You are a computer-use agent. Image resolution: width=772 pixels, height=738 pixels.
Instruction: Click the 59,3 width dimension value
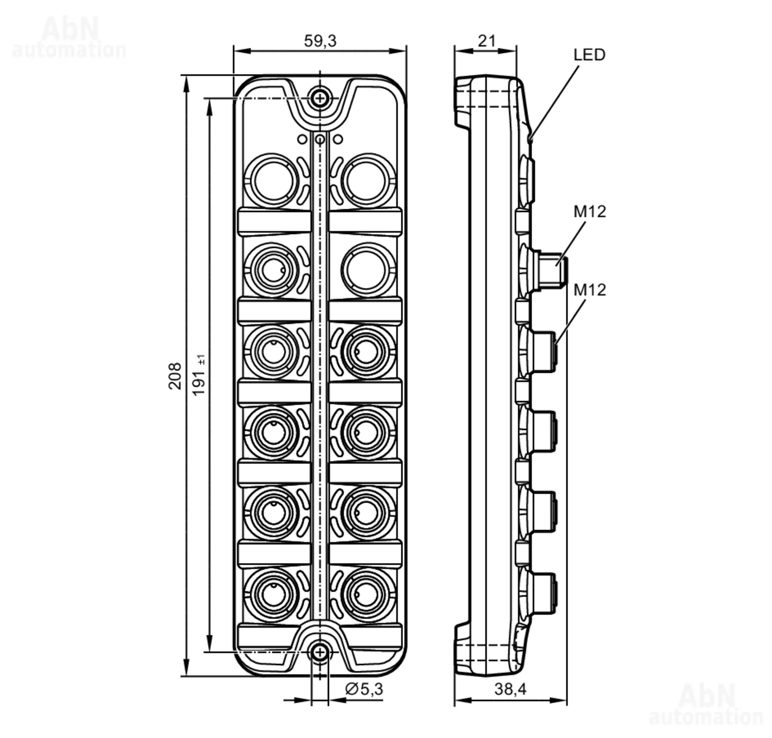[320, 41]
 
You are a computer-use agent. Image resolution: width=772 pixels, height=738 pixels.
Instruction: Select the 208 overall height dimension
[175, 376]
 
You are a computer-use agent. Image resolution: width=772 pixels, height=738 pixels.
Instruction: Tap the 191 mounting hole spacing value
[199, 375]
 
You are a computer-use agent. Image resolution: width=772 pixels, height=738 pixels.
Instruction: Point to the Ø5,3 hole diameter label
[364, 689]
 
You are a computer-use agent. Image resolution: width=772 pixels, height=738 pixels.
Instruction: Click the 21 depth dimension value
[487, 41]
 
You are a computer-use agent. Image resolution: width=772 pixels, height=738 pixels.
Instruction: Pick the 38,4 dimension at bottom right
[510, 689]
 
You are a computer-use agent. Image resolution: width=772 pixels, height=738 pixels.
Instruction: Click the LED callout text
[589, 55]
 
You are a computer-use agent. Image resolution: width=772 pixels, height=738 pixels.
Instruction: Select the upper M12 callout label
[589, 212]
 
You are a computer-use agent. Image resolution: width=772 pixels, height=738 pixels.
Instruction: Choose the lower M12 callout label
[589, 290]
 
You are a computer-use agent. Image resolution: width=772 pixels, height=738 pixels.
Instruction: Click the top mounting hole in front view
[320, 98]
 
